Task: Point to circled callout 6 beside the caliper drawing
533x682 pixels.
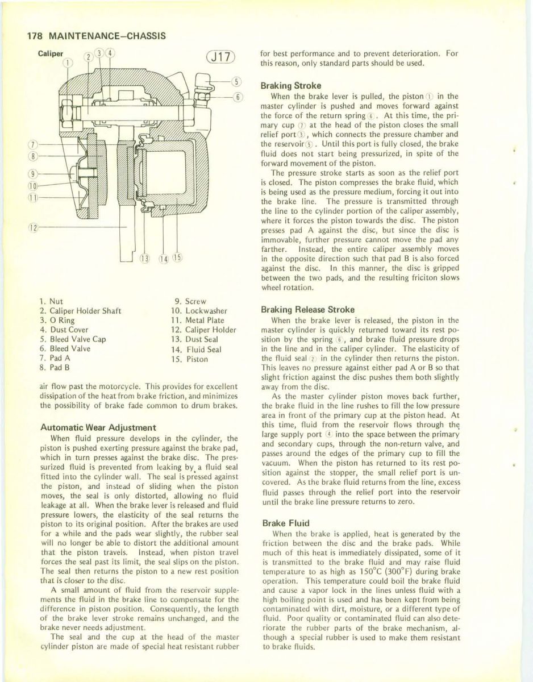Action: [x=238, y=96]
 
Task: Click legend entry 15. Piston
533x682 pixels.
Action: [x=190, y=359]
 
